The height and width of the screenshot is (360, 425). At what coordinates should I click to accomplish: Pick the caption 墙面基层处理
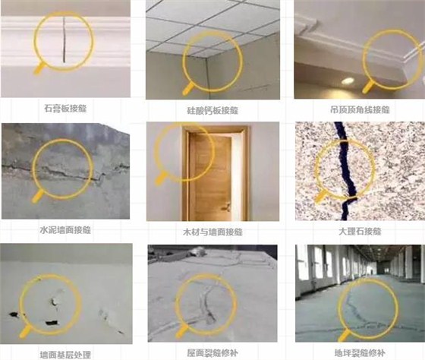[x=67, y=353]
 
